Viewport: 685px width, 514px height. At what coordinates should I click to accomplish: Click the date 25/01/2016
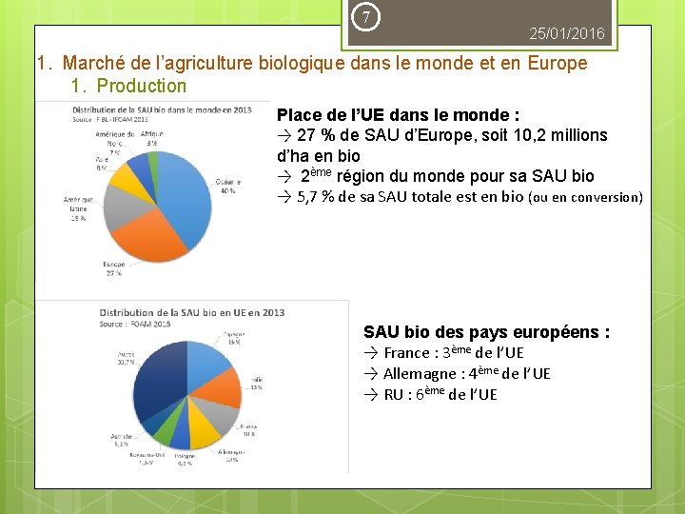coord(567,34)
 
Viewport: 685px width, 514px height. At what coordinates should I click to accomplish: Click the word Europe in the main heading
coord(552,64)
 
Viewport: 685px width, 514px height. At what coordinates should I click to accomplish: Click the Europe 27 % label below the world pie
coord(113,268)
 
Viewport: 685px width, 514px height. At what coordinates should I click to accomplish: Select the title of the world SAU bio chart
coord(162,109)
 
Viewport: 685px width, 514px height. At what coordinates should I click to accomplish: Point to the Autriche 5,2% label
coord(121,440)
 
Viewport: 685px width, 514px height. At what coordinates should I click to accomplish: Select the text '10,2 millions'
coord(560,135)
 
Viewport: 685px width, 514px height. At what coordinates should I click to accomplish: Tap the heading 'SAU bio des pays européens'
coord(486,332)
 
